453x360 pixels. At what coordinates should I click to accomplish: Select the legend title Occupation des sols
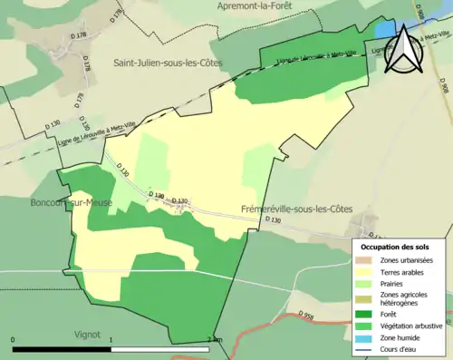[395, 247]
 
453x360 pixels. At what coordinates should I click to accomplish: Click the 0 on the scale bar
[13, 340]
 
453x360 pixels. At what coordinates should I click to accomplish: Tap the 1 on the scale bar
[111, 340]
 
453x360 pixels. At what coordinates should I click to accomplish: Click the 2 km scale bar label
[215, 340]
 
